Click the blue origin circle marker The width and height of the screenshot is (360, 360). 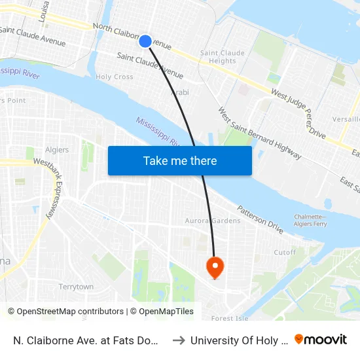pos(145,41)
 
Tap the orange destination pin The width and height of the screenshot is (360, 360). pos(215,266)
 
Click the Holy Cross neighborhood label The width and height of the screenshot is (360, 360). pos(115,77)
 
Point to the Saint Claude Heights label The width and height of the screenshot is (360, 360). pos(222,57)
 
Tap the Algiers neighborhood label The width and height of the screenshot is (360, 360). pos(57,150)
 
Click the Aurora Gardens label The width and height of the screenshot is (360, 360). pos(213,221)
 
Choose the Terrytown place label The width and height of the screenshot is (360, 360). pos(76,287)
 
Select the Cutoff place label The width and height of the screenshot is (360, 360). pos(284,252)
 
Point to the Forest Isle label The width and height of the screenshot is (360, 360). pos(230,318)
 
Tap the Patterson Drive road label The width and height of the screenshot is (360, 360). pos(260,219)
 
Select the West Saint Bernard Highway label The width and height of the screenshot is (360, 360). pos(259,134)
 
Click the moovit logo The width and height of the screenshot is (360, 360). pos(321,340)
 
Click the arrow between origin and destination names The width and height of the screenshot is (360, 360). pos(177,340)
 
